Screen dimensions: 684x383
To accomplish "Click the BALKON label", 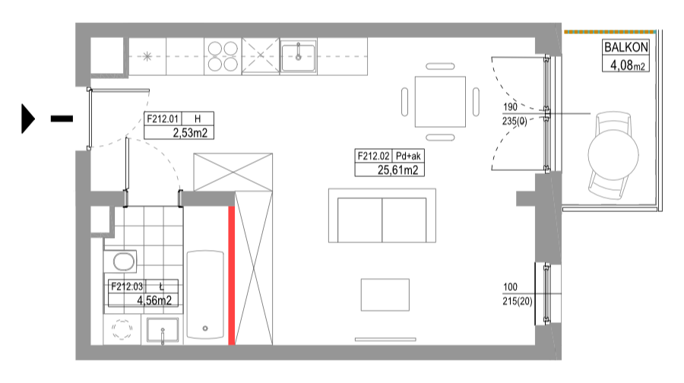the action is [x=625, y=47].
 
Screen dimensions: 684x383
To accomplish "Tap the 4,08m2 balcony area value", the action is [x=627, y=65].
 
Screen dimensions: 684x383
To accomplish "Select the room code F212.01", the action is [x=163, y=119].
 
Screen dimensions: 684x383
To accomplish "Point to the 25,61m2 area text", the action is [x=397, y=169].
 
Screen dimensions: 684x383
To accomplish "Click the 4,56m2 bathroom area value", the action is [x=154, y=300].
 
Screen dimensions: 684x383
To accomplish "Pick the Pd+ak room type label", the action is [x=408, y=156].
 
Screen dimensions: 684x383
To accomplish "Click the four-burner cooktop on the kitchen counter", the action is [x=223, y=56].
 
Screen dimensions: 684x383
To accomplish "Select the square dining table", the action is [x=440, y=102].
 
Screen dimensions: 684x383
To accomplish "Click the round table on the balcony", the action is [x=613, y=154].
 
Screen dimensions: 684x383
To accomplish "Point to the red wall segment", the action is [x=232, y=275].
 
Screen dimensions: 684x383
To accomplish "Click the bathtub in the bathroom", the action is [x=205, y=294].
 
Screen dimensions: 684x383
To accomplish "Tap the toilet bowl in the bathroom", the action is [x=123, y=261].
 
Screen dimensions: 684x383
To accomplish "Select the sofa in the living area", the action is [x=382, y=216].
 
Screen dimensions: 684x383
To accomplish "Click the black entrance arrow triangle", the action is [x=28, y=119].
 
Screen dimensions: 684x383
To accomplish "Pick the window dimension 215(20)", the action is [x=518, y=301].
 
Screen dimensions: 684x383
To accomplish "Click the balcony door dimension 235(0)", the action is [x=515, y=121].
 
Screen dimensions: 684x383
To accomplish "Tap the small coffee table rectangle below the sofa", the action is [x=385, y=295].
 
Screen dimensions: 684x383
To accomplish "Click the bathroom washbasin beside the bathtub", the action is [x=163, y=331].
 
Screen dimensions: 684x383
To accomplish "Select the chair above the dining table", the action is [x=440, y=66].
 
